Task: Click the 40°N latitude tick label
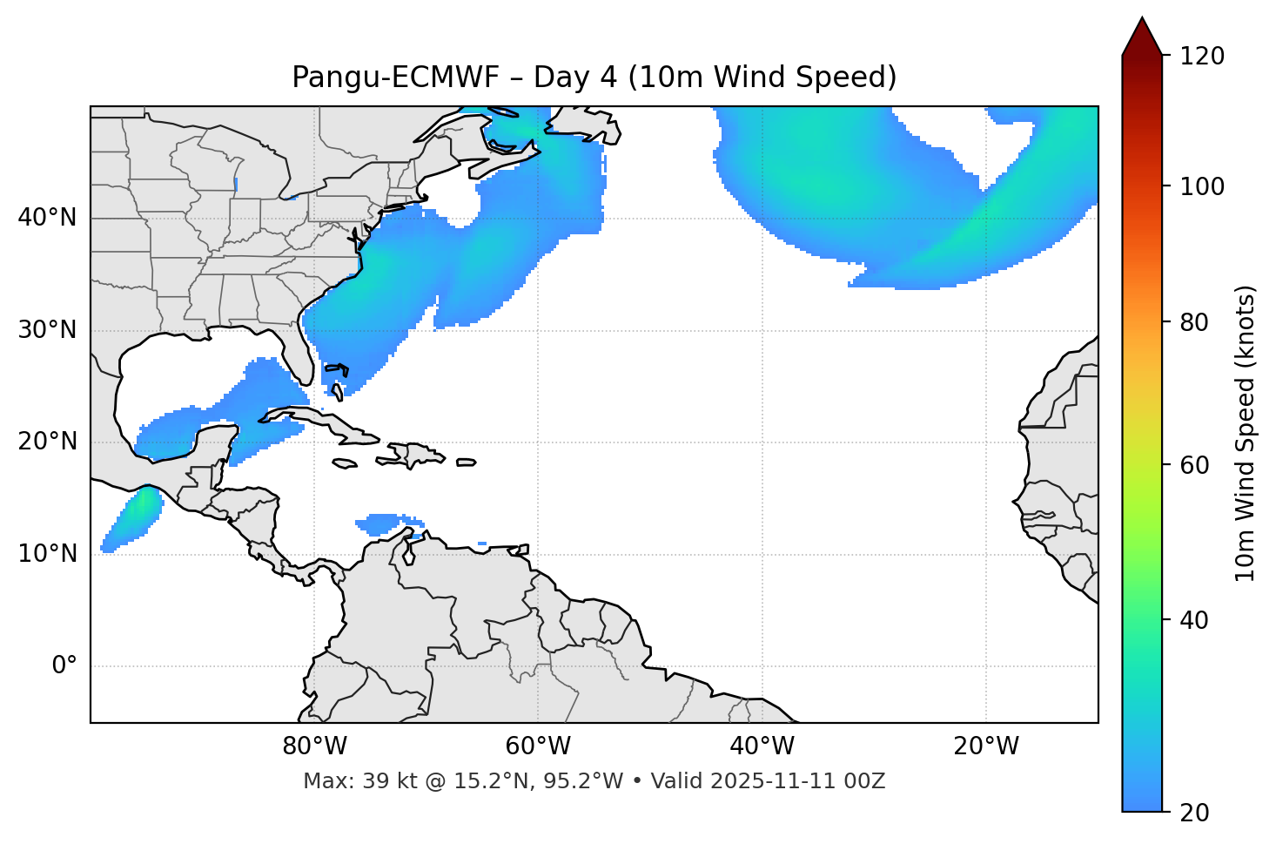pyautogui.click(x=47, y=218)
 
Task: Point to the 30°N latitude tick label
pyautogui.click(x=47, y=330)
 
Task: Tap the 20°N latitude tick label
pyautogui.click(x=47, y=442)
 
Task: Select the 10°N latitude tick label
pyautogui.click(x=47, y=554)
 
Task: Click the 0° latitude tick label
pyautogui.click(x=64, y=666)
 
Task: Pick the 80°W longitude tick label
pyautogui.click(x=314, y=746)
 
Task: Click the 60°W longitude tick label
pyautogui.click(x=538, y=746)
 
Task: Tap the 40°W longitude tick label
pyautogui.click(x=762, y=746)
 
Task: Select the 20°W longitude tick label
pyautogui.click(x=985, y=746)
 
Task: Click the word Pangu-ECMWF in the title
pyautogui.click(x=395, y=78)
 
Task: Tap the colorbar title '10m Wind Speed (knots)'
pyautogui.click(x=1246, y=433)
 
